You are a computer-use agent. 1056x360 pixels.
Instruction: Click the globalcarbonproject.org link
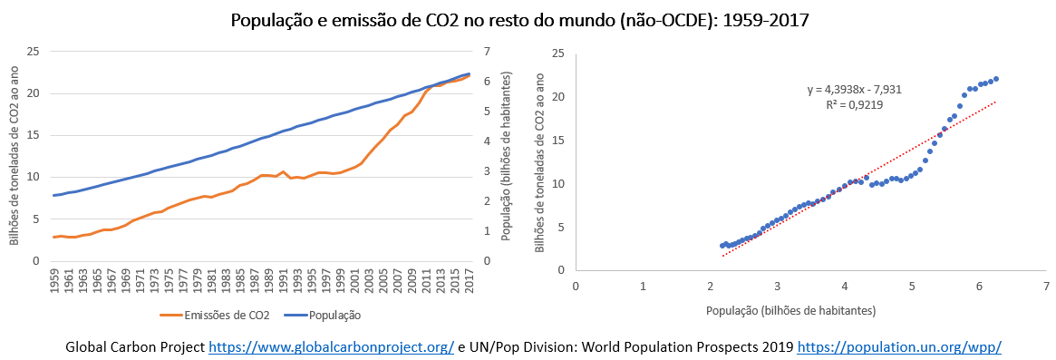tap(332, 347)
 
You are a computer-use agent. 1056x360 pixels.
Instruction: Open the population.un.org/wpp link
tap(899, 347)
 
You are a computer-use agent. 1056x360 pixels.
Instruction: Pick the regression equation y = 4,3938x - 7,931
tap(855, 90)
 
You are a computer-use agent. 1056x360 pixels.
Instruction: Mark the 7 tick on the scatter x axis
tap(1046, 286)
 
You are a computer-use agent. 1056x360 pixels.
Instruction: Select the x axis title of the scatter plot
tap(790, 311)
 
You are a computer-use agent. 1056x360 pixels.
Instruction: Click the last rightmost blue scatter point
tap(996, 79)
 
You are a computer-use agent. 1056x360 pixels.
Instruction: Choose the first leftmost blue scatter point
tap(722, 246)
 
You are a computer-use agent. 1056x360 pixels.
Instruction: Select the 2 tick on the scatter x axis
tap(710, 286)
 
